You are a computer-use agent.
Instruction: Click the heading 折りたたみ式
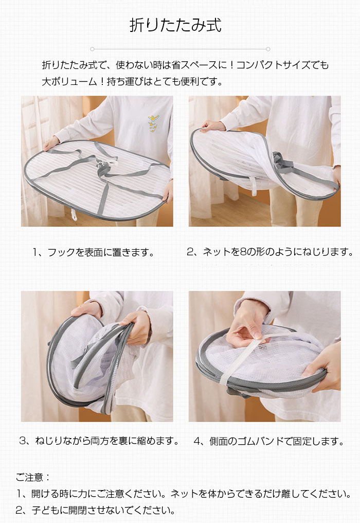click(176, 25)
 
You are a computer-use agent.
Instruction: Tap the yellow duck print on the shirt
click(153, 122)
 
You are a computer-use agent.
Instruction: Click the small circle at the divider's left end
click(93, 49)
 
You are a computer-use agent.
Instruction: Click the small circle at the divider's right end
click(268, 49)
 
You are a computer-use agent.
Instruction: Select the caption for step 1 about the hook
click(94, 252)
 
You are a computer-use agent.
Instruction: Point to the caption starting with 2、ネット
click(270, 252)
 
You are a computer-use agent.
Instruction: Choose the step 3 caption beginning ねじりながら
click(99, 441)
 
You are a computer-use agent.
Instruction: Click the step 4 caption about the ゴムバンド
click(268, 441)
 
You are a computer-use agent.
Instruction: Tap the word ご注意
click(29, 477)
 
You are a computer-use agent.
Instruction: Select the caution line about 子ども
click(96, 510)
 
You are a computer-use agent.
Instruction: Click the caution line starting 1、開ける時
click(184, 493)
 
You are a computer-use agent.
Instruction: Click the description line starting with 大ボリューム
click(132, 81)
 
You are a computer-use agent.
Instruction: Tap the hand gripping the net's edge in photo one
click(51, 143)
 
